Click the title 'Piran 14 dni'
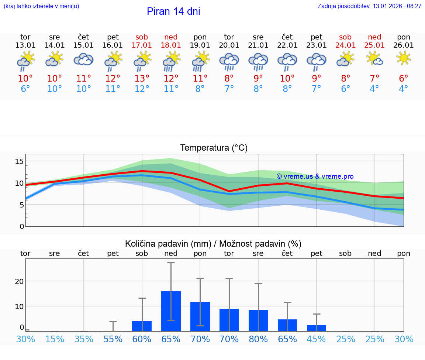pyautogui.click(x=173, y=11)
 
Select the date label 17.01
pyautogui.click(x=142, y=45)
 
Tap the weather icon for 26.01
pyautogui.click(x=404, y=58)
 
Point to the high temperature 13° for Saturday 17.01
pyautogui.click(x=142, y=79)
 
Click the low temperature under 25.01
pyautogui.click(x=374, y=89)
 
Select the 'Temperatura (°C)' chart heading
pyautogui.click(x=214, y=148)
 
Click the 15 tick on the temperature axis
pyautogui.click(x=19, y=161)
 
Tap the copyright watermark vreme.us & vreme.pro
pyautogui.click(x=315, y=176)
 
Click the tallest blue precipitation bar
pyautogui.click(x=171, y=311)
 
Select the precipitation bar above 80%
pyautogui.click(x=258, y=320)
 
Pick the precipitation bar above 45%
pyautogui.click(x=317, y=328)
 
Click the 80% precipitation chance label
pyautogui.click(x=258, y=339)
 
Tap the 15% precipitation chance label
pyautogui.click(x=55, y=339)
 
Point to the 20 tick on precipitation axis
pyautogui.click(x=19, y=281)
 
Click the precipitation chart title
pyautogui.click(x=213, y=244)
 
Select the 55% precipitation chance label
pyautogui.click(x=113, y=339)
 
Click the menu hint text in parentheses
pyautogui.click(x=41, y=6)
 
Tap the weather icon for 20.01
pyautogui.click(x=229, y=61)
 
